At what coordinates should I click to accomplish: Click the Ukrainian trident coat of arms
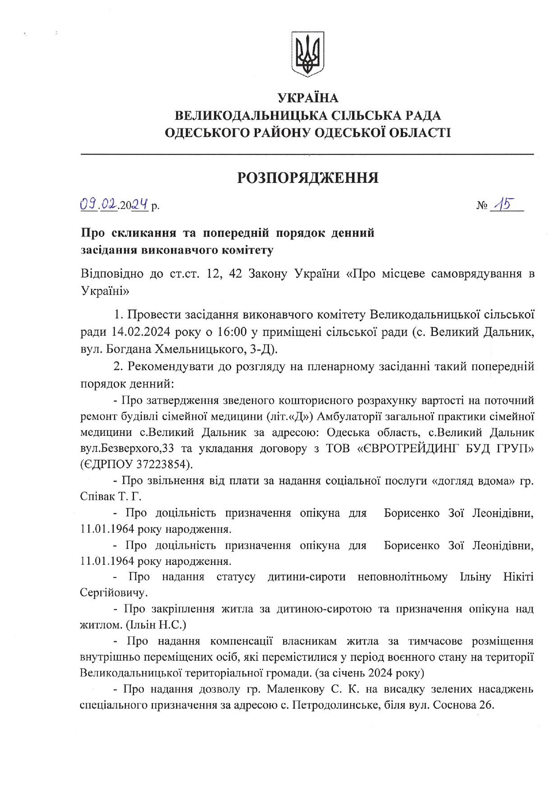click(308, 53)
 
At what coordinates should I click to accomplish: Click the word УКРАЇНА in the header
click(308, 98)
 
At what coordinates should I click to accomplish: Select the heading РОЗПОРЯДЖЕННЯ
click(308, 178)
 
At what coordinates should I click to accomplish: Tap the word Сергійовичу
click(114, 592)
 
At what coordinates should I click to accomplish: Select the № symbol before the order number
click(482, 206)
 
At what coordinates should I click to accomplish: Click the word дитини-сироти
click(307, 577)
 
